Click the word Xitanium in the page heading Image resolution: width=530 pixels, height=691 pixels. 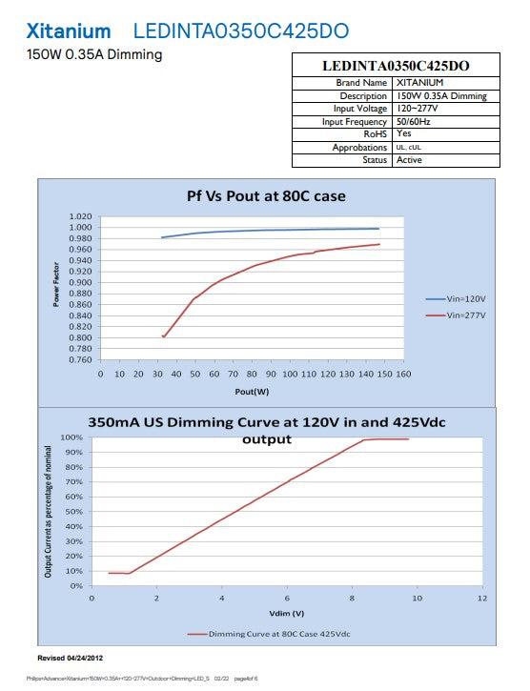point(69,31)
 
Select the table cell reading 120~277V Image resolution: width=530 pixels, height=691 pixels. point(417,109)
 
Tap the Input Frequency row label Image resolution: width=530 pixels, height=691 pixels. point(354,122)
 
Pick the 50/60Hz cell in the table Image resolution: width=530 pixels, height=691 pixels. point(413,121)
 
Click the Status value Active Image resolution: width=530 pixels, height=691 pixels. point(409,160)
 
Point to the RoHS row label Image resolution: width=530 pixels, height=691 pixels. point(375,134)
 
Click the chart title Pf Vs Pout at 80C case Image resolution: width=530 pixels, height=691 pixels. point(266,196)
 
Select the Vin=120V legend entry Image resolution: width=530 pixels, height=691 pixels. point(456,299)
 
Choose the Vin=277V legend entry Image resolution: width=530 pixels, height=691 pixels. point(456,315)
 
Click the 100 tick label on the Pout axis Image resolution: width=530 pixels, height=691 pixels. point(290,375)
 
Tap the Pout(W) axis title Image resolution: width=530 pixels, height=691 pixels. point(252,392)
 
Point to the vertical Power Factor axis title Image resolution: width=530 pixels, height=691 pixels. point(56,284)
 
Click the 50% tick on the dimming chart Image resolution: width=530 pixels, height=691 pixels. point(74,512)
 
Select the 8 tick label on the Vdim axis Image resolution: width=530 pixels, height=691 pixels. point(352,599)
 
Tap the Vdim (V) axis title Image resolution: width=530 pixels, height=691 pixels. point(287,614)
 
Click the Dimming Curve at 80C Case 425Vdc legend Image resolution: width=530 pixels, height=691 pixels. point(269,634)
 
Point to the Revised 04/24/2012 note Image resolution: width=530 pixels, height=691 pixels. point(71,658)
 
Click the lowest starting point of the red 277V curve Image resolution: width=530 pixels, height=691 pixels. point(164,336)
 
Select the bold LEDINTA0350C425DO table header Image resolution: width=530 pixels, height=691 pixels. point(396,66)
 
